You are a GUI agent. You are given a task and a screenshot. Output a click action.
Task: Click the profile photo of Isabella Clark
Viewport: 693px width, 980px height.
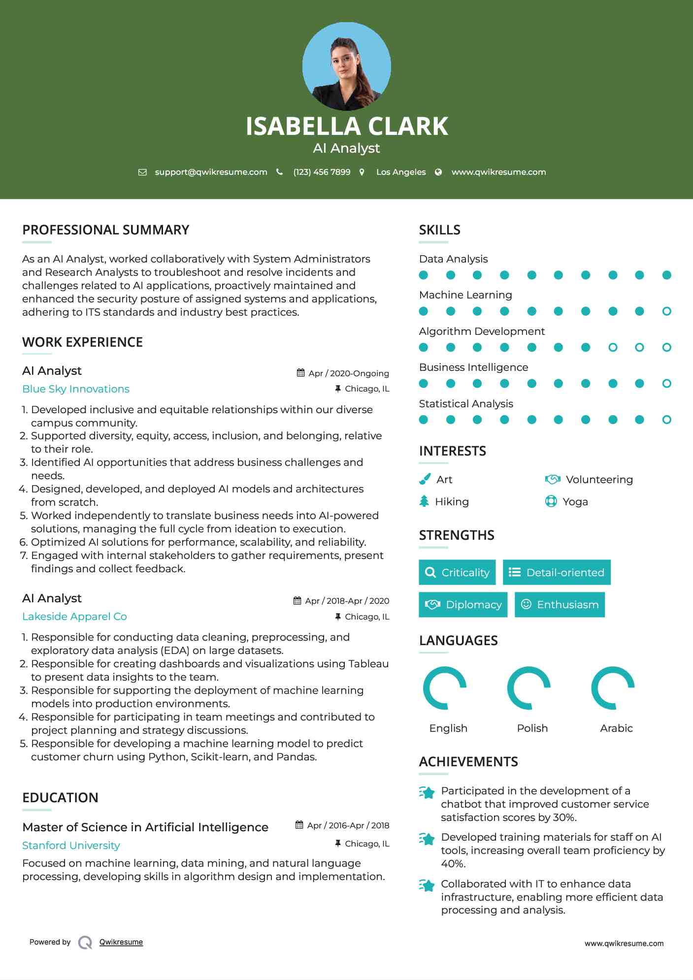pos(346,66)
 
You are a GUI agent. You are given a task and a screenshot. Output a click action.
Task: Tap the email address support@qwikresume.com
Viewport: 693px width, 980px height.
pos(211,172)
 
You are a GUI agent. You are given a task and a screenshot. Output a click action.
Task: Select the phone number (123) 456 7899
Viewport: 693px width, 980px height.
pos(322,172)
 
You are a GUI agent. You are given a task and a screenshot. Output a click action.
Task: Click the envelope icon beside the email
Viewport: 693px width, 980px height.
pos(142,172)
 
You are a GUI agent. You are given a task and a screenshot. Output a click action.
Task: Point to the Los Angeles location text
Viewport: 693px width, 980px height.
pos(400,172)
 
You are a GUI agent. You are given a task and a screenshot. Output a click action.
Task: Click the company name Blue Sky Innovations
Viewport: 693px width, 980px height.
pos(76,389)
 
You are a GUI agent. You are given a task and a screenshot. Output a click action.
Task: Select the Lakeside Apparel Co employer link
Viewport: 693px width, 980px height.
pos(74,617)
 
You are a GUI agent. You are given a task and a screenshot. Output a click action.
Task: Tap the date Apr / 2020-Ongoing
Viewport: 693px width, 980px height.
pos(348,373)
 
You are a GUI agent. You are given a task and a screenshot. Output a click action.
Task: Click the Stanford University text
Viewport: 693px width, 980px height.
pos(71,846)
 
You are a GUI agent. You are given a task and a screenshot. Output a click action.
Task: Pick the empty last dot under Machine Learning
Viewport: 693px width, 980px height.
pos(666,311)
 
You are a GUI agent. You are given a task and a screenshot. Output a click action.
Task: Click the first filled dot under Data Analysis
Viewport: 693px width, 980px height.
pos(423,275)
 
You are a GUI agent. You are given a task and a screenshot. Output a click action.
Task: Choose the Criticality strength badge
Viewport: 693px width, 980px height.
pos(457,572)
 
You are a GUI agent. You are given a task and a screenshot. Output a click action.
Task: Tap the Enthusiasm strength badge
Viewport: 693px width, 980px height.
pos(560,604)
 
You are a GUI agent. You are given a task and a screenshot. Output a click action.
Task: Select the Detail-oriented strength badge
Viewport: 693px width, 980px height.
pos(557,572)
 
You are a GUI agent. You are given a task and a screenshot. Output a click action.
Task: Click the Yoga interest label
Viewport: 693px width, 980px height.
pos(575,502)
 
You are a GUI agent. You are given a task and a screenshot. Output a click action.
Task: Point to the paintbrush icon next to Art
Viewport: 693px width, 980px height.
pos(425,479)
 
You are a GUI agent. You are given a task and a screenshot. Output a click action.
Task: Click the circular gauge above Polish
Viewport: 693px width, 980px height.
pos(529,688)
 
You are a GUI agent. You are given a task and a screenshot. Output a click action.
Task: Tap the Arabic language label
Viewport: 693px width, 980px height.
pos(616,728)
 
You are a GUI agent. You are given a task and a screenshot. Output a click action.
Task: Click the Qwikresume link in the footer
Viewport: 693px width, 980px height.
pos(121,942)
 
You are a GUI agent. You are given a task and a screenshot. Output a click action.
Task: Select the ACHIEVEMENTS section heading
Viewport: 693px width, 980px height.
pos(468,762)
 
